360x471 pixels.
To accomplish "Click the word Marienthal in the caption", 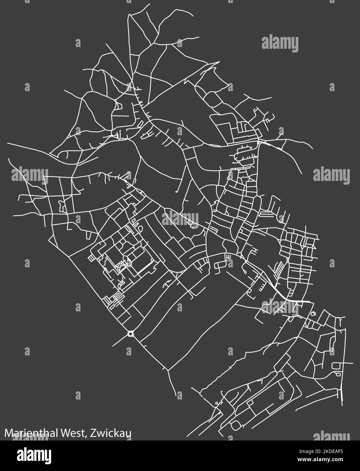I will point(28,433).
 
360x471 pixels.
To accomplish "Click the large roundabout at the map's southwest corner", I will point(131,334).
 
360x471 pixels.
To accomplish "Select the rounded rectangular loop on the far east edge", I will point(337,366).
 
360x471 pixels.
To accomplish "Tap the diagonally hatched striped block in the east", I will point(279,270).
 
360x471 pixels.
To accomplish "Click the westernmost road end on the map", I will point(8,143).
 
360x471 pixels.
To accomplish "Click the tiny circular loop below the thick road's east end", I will point(313,313).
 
